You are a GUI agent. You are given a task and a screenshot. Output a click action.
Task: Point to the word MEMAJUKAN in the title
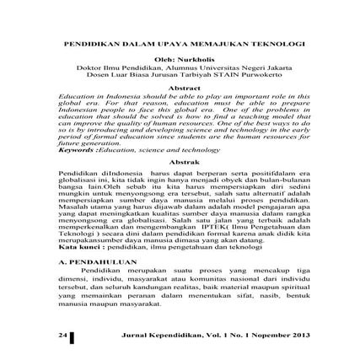tap(221, 40)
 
